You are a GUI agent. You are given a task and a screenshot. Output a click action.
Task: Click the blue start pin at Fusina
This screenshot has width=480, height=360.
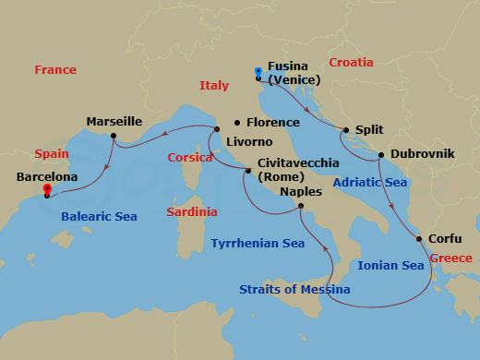(258, 72)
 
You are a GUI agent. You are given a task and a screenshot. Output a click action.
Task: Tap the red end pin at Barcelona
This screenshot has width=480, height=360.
(46, 191)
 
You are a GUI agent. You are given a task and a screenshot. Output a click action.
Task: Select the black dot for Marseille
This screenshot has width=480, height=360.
(113, 137)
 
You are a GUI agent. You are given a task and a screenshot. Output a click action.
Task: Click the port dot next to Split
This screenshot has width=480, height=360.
(345, 130)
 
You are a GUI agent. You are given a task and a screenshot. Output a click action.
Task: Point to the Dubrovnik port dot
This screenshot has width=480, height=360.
(381, 153)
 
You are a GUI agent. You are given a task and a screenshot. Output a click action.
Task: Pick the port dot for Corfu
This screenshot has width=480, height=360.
(420, 239)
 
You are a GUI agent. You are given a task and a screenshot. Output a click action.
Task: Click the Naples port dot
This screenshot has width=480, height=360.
(301, 208)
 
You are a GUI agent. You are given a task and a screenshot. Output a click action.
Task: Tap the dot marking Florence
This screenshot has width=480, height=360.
(237, 123)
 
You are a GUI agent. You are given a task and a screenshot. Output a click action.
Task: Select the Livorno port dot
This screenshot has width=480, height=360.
(216, 129)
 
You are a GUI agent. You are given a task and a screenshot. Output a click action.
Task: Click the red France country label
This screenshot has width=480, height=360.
(54, 70)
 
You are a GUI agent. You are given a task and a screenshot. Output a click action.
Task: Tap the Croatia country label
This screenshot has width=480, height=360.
(351, 63)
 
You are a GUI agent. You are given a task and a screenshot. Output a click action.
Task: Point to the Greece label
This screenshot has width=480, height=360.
(450, 258)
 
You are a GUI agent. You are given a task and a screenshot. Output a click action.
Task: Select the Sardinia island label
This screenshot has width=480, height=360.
(192, 212)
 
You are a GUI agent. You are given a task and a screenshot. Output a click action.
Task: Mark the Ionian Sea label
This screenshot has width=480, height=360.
(390, 266)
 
